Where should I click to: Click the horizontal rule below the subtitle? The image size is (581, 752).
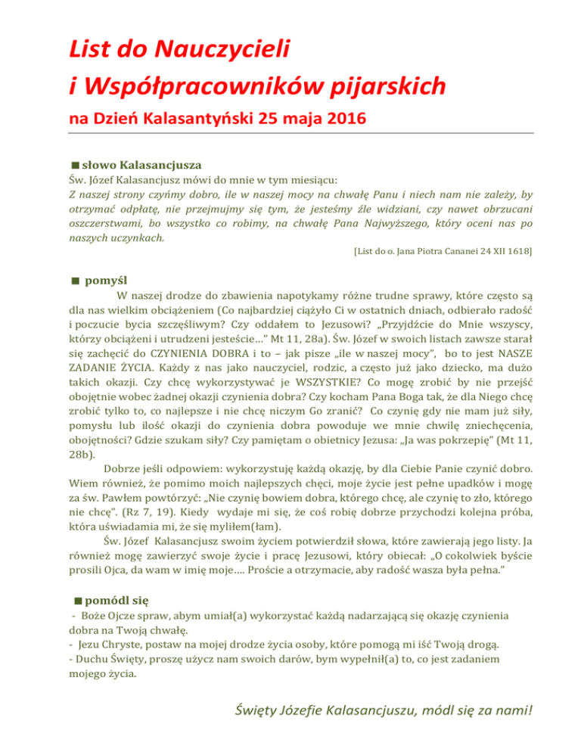pyautogui.click(x=290, y=135)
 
